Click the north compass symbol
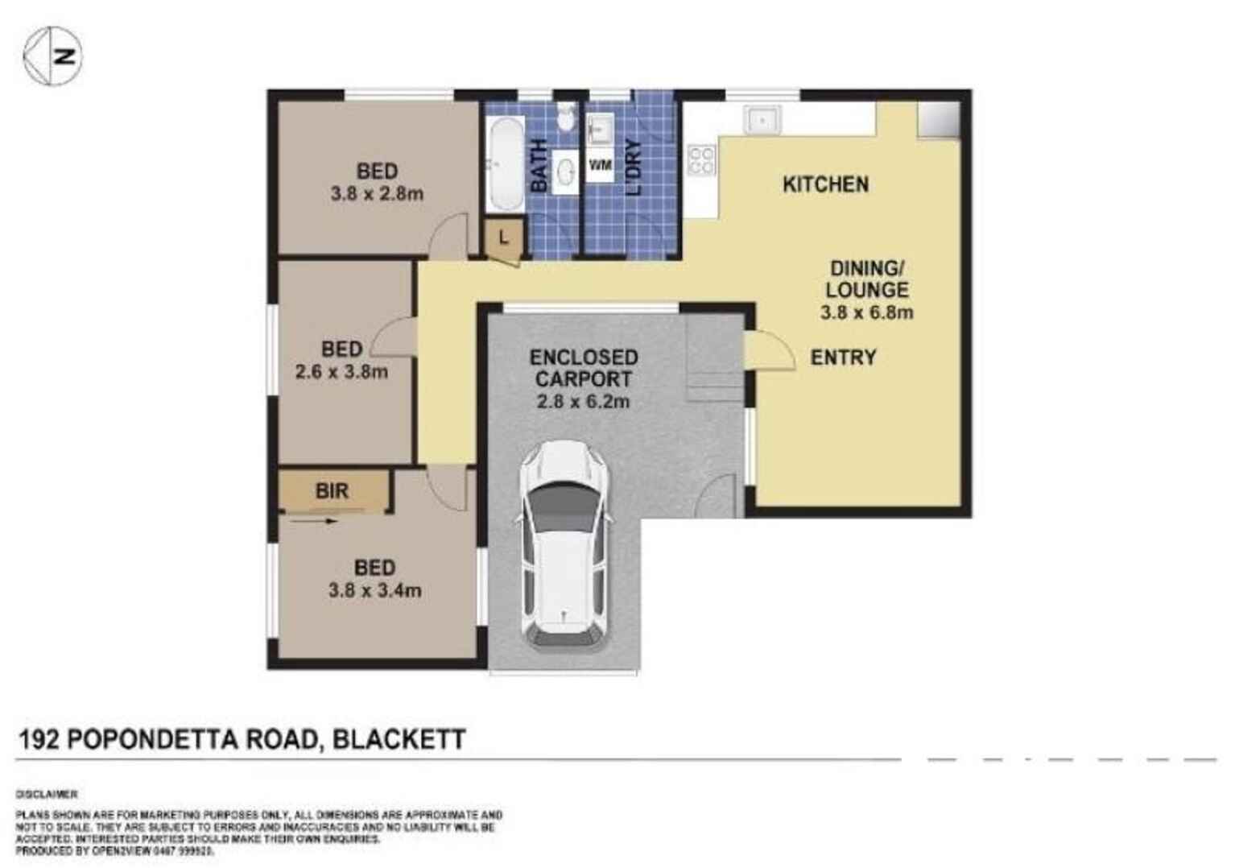click(x=52, y=56)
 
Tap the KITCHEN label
click(x=825, y=184)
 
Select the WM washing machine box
click(x=600, y=166)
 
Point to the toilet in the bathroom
click(x=567, y=118)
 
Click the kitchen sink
click(x=761, y=120)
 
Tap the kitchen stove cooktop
click(x=701, y=159)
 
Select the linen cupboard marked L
click(x=504, y=238)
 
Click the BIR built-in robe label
click(x=332, y=490)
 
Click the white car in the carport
click(x=564, y=548)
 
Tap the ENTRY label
click(x=843, y=358)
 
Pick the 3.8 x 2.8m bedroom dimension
click(x=377, y=194)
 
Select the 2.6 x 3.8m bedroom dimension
click(x=341, y=372)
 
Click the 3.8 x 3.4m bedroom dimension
click(x=374, y=590)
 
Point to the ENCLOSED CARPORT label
click(x=583, y=368)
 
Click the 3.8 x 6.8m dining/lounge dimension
click(x=866, y=312)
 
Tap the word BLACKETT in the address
click(x=399, y=739)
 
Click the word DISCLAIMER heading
click(x=47, y=794)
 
